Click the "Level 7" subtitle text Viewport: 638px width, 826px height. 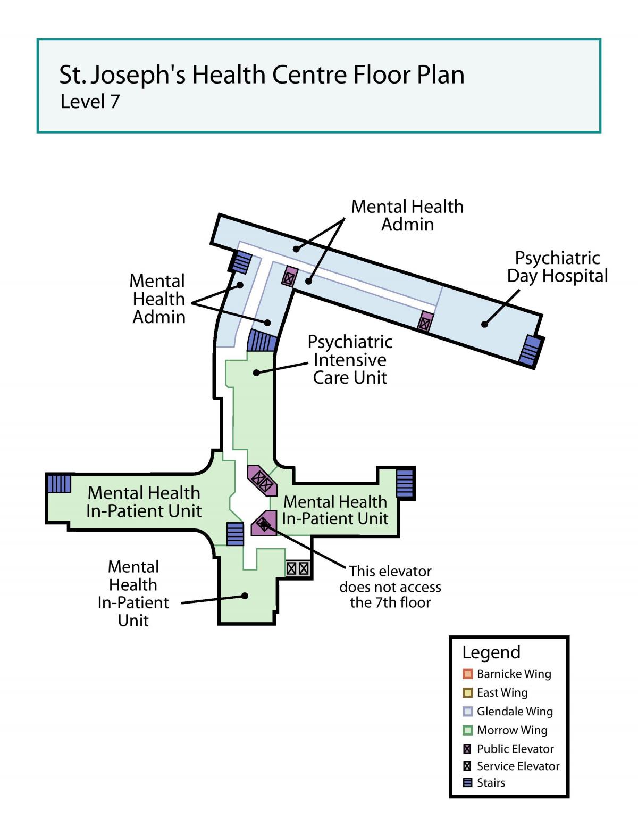(90, 102)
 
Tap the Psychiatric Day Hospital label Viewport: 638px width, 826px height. (557, 267)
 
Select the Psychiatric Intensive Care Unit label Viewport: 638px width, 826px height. (349, 360)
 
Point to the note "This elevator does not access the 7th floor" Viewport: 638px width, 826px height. (390, 587)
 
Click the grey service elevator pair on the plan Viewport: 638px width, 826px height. (298, 568)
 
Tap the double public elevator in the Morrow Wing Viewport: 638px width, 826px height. (262, 480)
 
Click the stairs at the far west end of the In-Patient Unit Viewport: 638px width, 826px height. (59, 484)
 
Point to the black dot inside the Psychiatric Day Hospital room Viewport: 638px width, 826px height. (484, 324)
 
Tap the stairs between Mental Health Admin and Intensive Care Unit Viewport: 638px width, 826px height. (262, 341)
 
